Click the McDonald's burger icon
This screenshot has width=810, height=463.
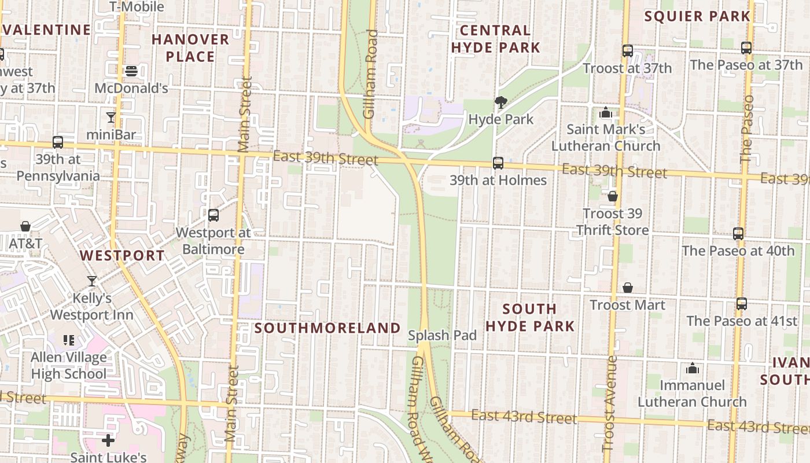[131, 71]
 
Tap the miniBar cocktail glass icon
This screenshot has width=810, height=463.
[111, 117]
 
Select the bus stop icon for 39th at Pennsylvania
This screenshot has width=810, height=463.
[58, 142]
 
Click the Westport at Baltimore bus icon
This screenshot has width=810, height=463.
[213, 215]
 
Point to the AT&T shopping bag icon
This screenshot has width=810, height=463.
[25, 226]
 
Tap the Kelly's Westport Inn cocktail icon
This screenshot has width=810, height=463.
[92, 281]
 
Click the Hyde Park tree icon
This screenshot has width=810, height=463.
[501, 102]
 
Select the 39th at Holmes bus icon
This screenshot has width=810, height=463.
[498, 163]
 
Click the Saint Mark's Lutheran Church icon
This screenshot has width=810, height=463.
[606, 112]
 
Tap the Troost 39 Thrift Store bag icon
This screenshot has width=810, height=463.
[613, 197]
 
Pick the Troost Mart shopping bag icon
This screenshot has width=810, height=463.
[628, 288]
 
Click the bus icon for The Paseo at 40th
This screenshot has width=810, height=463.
[738, 234]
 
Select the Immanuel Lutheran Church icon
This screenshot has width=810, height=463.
[692, 368]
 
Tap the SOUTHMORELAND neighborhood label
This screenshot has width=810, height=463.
[327, 328]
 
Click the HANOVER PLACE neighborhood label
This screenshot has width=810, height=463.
[190, 48]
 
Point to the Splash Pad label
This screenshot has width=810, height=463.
[443, 335]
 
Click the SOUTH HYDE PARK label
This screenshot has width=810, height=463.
[530, 317]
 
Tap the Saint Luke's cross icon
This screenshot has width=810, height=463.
[108, 440]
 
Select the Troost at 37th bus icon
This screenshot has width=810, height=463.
[628, 51]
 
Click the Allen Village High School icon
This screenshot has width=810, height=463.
[69, 340]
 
